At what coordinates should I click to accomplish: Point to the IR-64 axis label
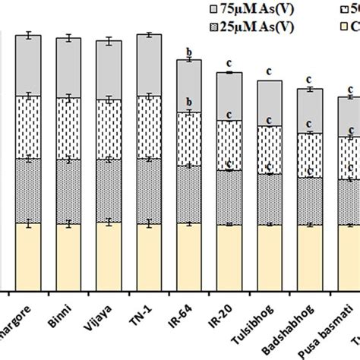click(x=184, y=314)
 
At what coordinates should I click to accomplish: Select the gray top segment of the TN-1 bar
click(x=149, y=65)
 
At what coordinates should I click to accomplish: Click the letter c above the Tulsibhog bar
click(x=269, y=73)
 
